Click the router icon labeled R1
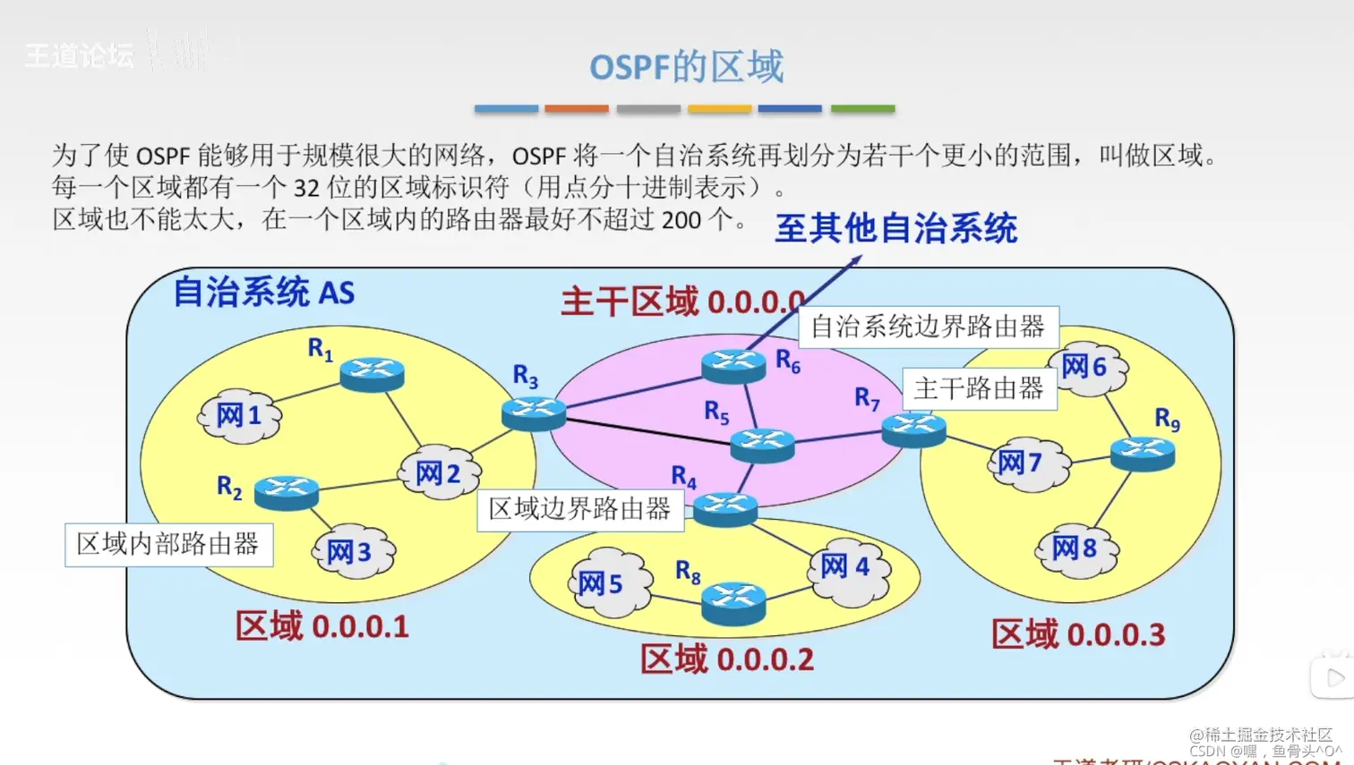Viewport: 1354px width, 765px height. point(372,373)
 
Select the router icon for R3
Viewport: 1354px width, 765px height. point(534,413)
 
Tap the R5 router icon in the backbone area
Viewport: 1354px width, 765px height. point(762,444)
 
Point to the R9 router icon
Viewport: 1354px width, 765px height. point(1142,454)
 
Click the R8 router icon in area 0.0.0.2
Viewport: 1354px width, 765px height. point(733,602)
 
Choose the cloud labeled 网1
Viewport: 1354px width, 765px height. point(239,416)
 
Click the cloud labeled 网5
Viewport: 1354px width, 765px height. point(609,583)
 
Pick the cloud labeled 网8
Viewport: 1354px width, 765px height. point(1075,548)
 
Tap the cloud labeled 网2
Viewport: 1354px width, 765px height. point(439,473)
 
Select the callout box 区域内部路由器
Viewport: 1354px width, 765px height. point(168,544)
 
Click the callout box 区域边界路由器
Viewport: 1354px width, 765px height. point(579,509)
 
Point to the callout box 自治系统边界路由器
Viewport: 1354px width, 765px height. point(928,327)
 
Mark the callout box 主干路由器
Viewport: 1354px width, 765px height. point(979,388)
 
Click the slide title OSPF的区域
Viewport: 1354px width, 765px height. point(686,67)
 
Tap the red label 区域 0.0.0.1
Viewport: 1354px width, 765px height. point(322,626)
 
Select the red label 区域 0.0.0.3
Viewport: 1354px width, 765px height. point(1078,634)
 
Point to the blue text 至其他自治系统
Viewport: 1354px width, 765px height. point(896,228)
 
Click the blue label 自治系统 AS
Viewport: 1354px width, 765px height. point(263,292)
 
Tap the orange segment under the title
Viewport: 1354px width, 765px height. point(577,108)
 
